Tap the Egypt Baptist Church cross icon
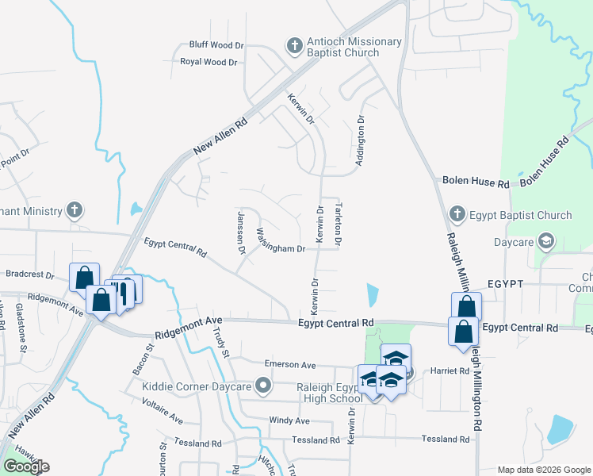[x=457, y=214]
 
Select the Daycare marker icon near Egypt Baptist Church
[x=545, y=241]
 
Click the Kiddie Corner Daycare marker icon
[x=265, y=386]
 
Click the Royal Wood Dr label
[x=209, y=61]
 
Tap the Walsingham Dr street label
[x=281, y=241]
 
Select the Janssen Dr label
[x=241, y=231]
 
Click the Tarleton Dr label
[x=339, y=223]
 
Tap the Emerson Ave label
[x=290, y=365]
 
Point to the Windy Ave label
[x=289, y=420]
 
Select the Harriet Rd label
[x=450, y=370]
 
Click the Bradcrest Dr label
[x=29, y=274]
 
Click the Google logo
[x=26, y=466]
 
